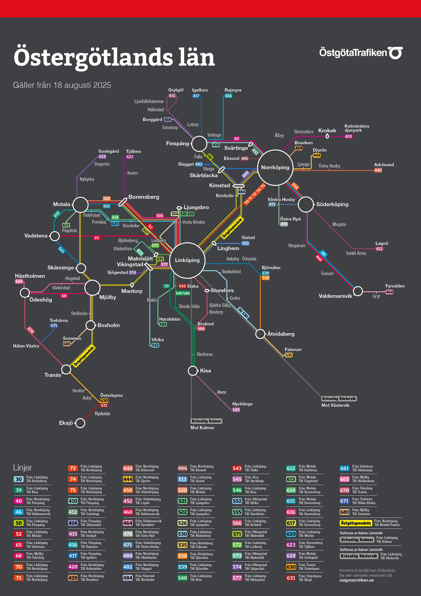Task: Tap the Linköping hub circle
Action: point(187,260)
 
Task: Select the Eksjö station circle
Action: point(80,423)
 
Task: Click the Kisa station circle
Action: point(193,371)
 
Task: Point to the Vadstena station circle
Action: point(55,236)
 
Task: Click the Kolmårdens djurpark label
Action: point(357,128)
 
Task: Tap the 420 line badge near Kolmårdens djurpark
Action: point(348,136)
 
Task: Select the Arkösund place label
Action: point(384,165)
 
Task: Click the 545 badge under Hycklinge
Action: point(236,410)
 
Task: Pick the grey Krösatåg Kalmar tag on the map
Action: point(206,421)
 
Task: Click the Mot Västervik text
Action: point(335,405)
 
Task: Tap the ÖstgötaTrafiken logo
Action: point(361,53)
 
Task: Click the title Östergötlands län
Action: point(114,57)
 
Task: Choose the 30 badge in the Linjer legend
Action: point(19,479)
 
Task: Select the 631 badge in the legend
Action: point(291,578)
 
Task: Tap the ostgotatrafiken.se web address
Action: point(356,580)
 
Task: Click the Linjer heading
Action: point(23,468)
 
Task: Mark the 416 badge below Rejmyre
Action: point(228,96)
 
